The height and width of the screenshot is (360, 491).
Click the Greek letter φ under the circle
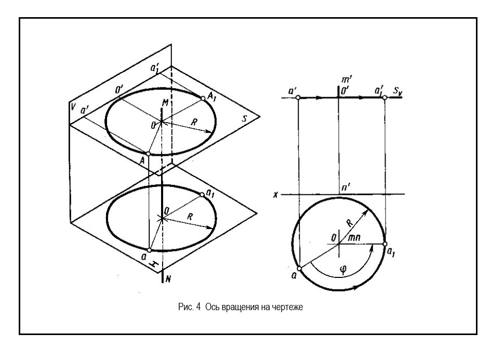pyautogui.click(x=343, y=269)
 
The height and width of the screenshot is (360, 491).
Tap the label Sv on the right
pyautogui.click(x=397, y=91)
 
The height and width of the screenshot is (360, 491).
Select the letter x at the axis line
pyautogui.click(x=275, y=195)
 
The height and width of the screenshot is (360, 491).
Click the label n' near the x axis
pyautogui.click(x=346, y=188)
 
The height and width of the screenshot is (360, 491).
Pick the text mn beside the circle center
pyautogui.click(x=354, y=237)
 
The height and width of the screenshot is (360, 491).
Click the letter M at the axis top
pyautogui.click(x=165, y=102)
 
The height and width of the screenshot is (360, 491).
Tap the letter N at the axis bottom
pyautogui.click(x=168, y=278)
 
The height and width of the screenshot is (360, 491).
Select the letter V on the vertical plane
pyautogui.click(x=73, y=106)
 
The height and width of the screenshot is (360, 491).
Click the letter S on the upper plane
pyautogui.click(x=245, y=118)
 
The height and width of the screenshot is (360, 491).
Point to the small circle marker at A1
pyautogui.click(x=203, y=98)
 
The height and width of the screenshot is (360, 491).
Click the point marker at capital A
pyautogui.click(x=149, y=154)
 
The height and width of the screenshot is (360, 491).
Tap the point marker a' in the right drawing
pyautogui.click(x=298, y=98)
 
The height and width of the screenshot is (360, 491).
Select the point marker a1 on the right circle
pyautogui.click(x=385, y=244)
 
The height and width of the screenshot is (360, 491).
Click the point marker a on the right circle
pyautogui.click(x=299, y=269)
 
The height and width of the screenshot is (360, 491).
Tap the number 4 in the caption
pyautogui.click(x=198, y=307)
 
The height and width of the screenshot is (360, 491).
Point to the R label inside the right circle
pyautogui.click(x=350, y=223)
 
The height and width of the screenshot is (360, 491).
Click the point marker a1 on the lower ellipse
pyautogui.click(x=202, y=195)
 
